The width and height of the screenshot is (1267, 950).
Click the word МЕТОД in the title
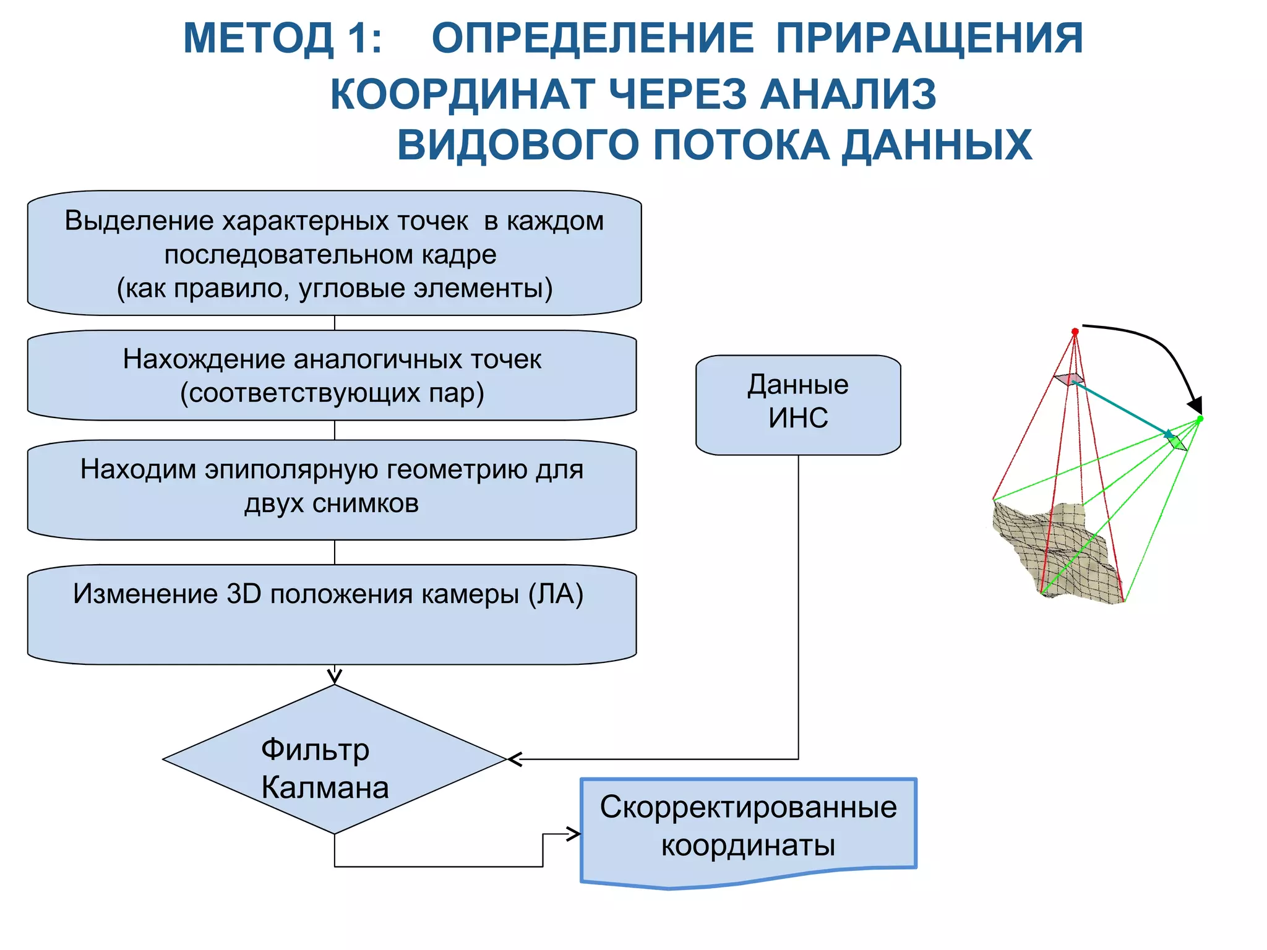point(259,38)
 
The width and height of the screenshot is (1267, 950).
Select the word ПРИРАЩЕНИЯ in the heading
point(929,38)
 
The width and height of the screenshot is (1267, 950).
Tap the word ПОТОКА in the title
point(741,145)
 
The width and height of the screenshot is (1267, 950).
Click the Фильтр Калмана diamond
point(334,760)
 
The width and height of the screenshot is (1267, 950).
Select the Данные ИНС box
point(798,404)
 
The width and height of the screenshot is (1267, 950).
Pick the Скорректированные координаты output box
point(749,829)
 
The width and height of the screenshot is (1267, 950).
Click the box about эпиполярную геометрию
point(332,489)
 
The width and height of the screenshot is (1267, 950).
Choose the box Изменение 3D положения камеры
point(332,614)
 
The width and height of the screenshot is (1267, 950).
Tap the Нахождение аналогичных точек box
point(332,375)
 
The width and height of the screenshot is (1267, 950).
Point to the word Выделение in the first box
point(139,221)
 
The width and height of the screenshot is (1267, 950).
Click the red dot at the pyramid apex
point(1075,332)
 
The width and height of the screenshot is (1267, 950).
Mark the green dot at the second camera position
point(1200,419)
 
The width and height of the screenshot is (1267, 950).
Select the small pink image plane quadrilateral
point(1069,379)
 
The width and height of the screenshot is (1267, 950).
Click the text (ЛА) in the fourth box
point(556,594)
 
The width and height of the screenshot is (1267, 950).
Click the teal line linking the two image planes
point(1120,408)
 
